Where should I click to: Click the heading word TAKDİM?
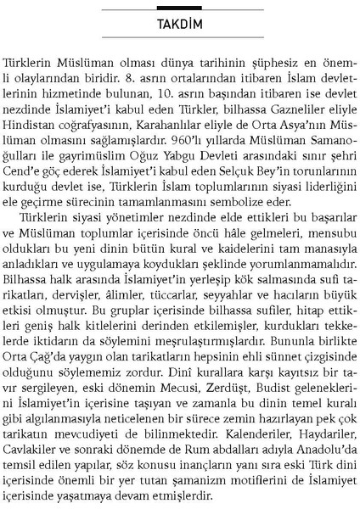179,24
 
